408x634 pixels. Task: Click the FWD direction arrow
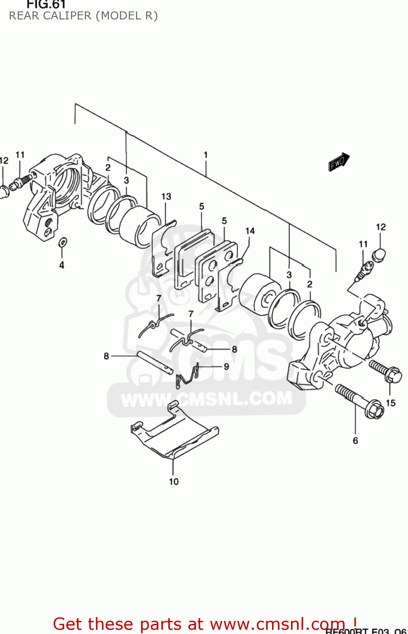[339, 162]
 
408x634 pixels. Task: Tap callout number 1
[206, 155]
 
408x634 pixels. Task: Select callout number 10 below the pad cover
[174, 481]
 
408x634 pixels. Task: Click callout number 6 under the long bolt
[355, 440]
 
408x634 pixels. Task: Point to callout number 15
[391, 403]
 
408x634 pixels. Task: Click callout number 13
[166, 197]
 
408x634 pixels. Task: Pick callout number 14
[250, 231]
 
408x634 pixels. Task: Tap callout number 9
[226, 366]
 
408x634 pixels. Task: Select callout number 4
[62, 265]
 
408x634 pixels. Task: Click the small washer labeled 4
[63, 243]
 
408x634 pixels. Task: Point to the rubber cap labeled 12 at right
[379, 255]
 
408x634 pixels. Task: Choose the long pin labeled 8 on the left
[155, 361]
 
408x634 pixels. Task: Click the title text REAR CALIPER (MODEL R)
[83, 16]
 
